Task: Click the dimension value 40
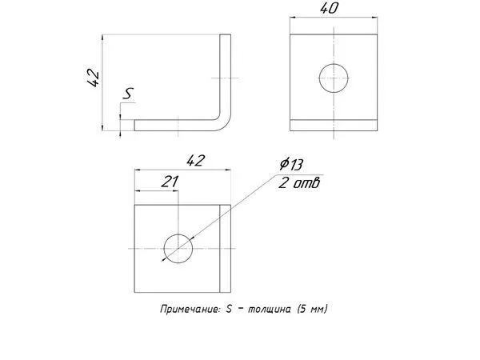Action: [330, 8]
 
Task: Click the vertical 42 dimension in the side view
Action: [93, 79]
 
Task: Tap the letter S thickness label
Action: [128, 94]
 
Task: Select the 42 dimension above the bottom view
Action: [195, 161]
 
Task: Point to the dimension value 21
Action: [170, 182]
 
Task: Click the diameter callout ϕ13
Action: [291, 164]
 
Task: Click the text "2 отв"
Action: [299, 182]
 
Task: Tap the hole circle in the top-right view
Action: [334, 64]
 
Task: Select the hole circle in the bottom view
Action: [178, 234]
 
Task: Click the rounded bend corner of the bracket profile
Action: [226, 124]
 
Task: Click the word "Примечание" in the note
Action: [190, 309]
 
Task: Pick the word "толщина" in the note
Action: [270, 310]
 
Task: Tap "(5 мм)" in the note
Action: [312, 309]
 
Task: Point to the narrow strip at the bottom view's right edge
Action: [226, 249]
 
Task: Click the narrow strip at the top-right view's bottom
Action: [334, 126]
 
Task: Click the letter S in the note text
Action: [229, 309]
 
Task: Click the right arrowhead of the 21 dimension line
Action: [176, 191]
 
